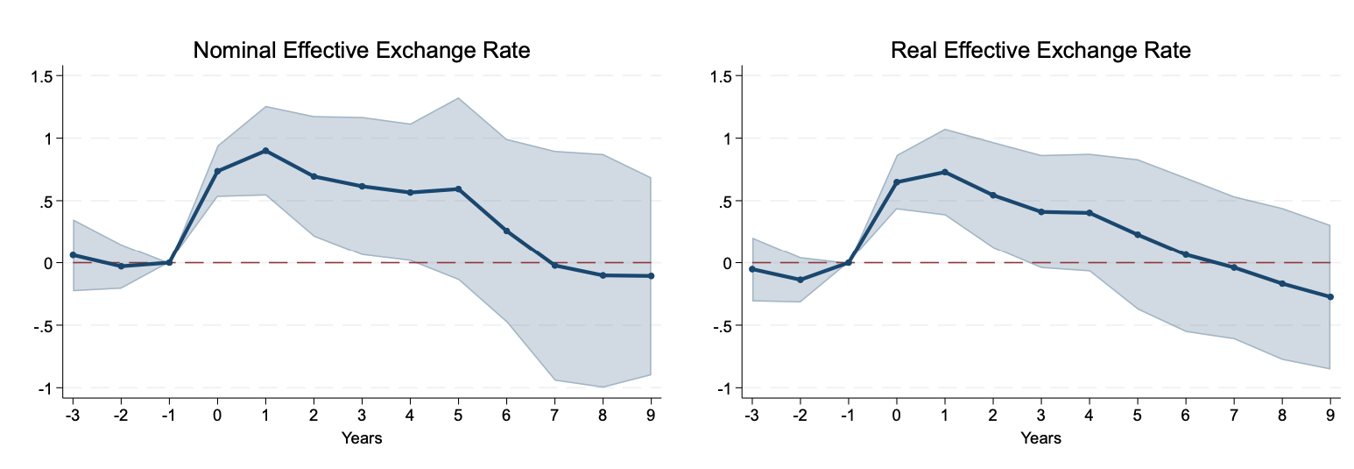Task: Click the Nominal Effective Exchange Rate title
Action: tap(361, 51)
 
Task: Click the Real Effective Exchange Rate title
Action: tap(1040, 51)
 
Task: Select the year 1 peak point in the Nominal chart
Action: tap(265, 151)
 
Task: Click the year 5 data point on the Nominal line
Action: tap(458, 189)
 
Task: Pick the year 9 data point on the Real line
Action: tap(1330, 297)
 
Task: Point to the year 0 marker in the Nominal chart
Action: tap(217, 172)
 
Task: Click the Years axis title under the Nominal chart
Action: tap(361, 438)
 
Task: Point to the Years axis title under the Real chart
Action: tap(1040, 438)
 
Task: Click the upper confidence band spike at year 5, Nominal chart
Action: tap(458, 98)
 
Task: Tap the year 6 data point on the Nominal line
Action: tap(506, 231)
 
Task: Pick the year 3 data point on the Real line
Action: tap(1041, 212)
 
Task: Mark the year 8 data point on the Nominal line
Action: tap(603, 275)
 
